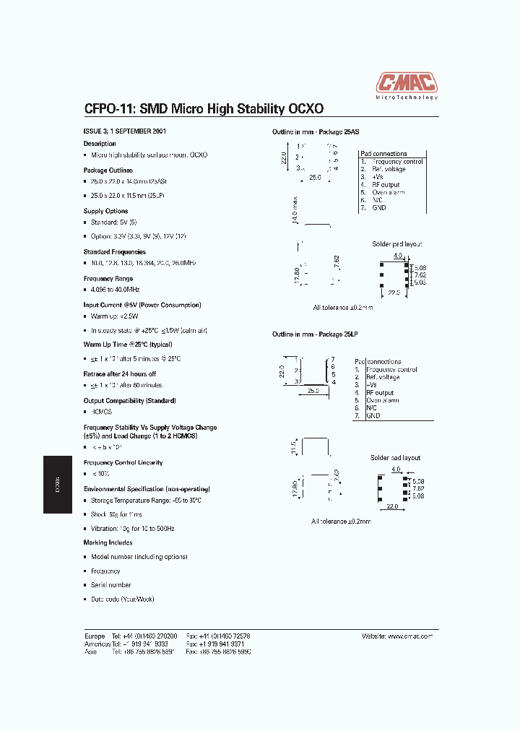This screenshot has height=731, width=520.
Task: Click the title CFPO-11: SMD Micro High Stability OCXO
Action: [x=204, y=108]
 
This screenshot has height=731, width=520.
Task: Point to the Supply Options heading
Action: [x=105, y=211]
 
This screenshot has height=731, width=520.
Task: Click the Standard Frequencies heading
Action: [x=114, y=252]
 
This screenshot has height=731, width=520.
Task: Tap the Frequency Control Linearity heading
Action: [x=123, y=462]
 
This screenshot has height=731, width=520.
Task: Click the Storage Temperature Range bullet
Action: [x=146, y=501]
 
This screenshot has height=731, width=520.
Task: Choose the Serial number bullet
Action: [x=110, y=585]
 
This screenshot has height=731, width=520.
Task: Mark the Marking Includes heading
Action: [x=108, y=542]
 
